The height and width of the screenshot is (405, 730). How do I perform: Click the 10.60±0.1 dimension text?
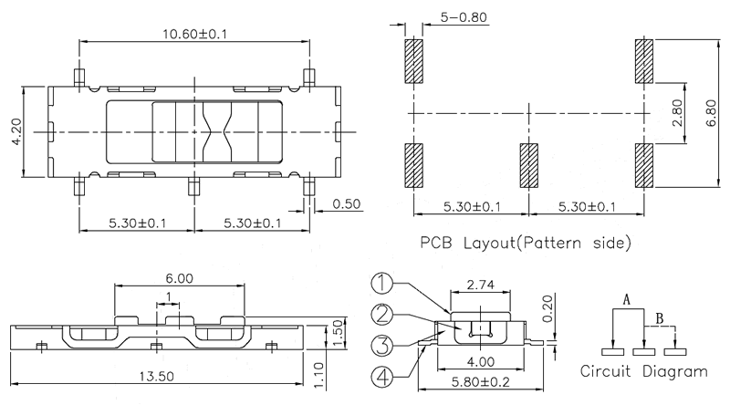(193, 33)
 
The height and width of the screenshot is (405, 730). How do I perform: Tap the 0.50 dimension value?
(347, 202)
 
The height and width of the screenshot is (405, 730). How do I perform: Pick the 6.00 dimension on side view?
(179, 279)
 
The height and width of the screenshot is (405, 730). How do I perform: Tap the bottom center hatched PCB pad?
(530, 167)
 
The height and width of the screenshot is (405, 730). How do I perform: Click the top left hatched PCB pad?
(413, 61)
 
